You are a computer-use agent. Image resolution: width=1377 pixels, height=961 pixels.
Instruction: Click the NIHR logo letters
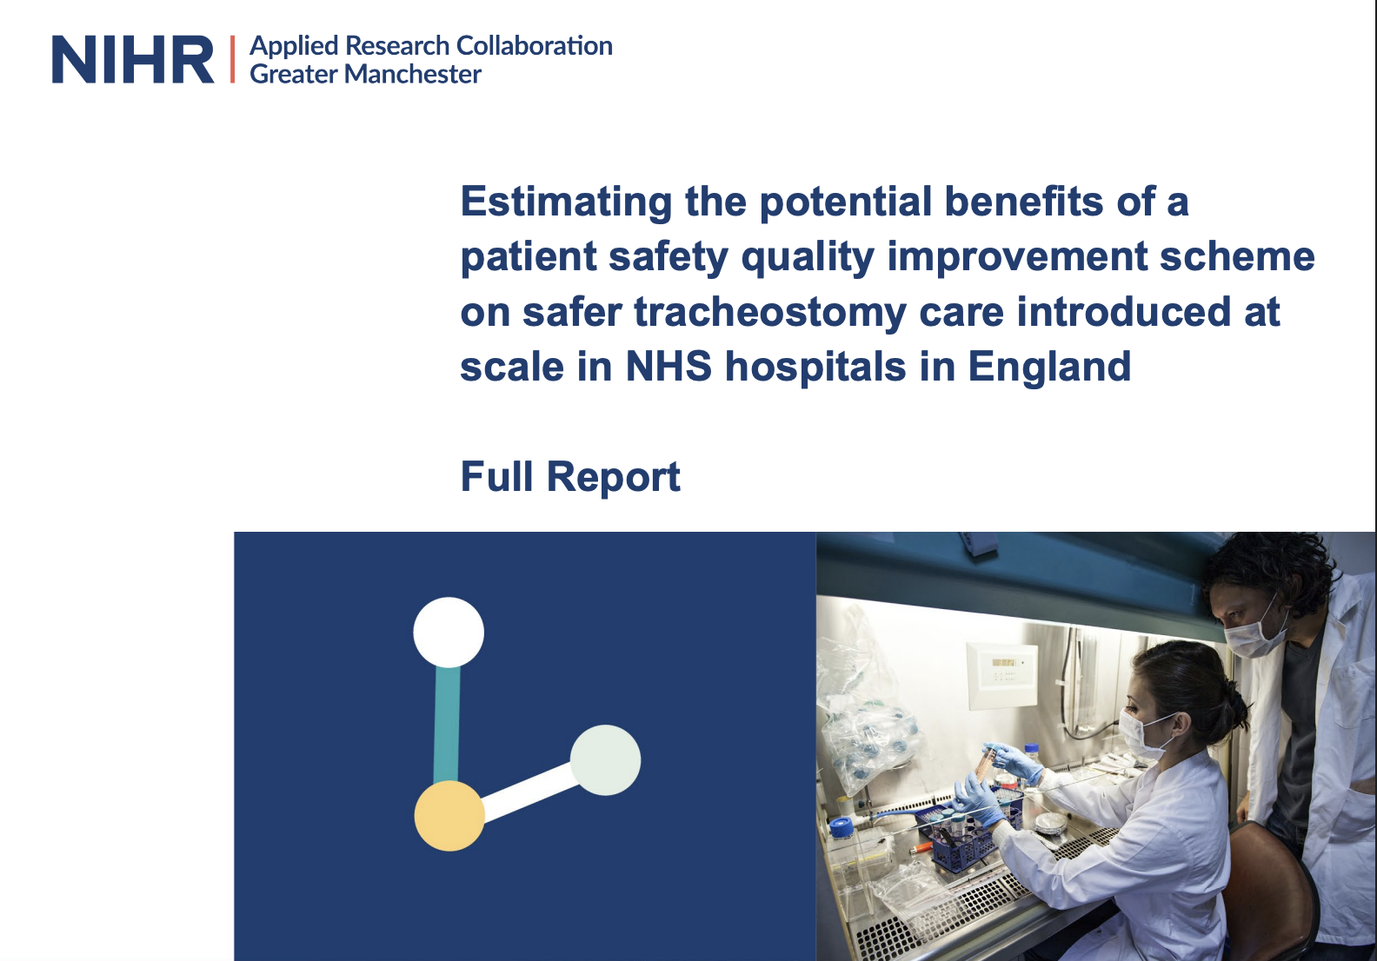[133, 59]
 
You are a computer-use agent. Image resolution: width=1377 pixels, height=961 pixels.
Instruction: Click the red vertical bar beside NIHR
[232, 59]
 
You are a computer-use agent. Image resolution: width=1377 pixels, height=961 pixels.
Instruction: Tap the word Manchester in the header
[412, 75]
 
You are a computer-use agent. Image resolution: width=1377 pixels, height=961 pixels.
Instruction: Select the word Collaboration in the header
[535, 46]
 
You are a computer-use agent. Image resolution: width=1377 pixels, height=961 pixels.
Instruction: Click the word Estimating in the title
[566, 202]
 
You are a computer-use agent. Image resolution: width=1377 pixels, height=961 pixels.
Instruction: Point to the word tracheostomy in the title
[769, 312]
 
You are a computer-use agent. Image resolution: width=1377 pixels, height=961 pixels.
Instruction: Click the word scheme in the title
[1237, 256]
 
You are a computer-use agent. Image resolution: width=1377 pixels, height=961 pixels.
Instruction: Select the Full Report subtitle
[570, 477]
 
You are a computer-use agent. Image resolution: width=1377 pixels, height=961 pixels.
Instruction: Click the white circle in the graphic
[449, 633]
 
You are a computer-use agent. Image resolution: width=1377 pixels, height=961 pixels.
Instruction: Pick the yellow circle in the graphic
[449, 815]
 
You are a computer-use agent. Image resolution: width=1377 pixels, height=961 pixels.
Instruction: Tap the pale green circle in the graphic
[605, 760]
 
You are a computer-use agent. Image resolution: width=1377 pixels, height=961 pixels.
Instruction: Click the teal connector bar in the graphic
[447, 724]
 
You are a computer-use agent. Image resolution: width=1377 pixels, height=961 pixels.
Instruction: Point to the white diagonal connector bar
[529, 792]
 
